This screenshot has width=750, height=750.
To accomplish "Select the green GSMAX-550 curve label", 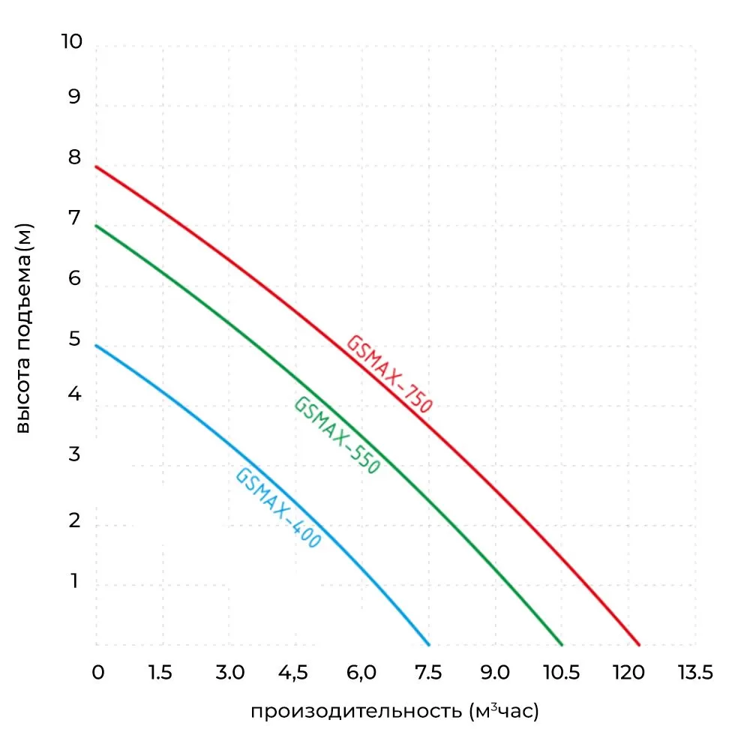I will click(337, 434).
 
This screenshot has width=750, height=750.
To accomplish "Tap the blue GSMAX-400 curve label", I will click(278, 508).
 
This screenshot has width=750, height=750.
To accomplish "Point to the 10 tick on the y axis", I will click(71, 42).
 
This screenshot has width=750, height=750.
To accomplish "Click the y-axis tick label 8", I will click(74, 158).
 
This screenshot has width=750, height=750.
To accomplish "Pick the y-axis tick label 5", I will click(74, 339).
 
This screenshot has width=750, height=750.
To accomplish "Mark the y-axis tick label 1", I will click(74, 581).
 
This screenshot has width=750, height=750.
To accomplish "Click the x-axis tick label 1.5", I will click(160, 673).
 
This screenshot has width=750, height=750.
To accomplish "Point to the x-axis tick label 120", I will click(628, 673).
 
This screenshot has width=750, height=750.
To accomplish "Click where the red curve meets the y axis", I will click(97, 166).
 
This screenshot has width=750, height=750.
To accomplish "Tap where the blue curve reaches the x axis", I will click(428, 644).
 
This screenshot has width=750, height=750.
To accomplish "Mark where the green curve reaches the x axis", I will click(562, 644).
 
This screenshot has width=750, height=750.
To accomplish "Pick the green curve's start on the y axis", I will click(97, 226).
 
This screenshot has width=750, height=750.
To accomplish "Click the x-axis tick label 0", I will click(97, 673).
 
